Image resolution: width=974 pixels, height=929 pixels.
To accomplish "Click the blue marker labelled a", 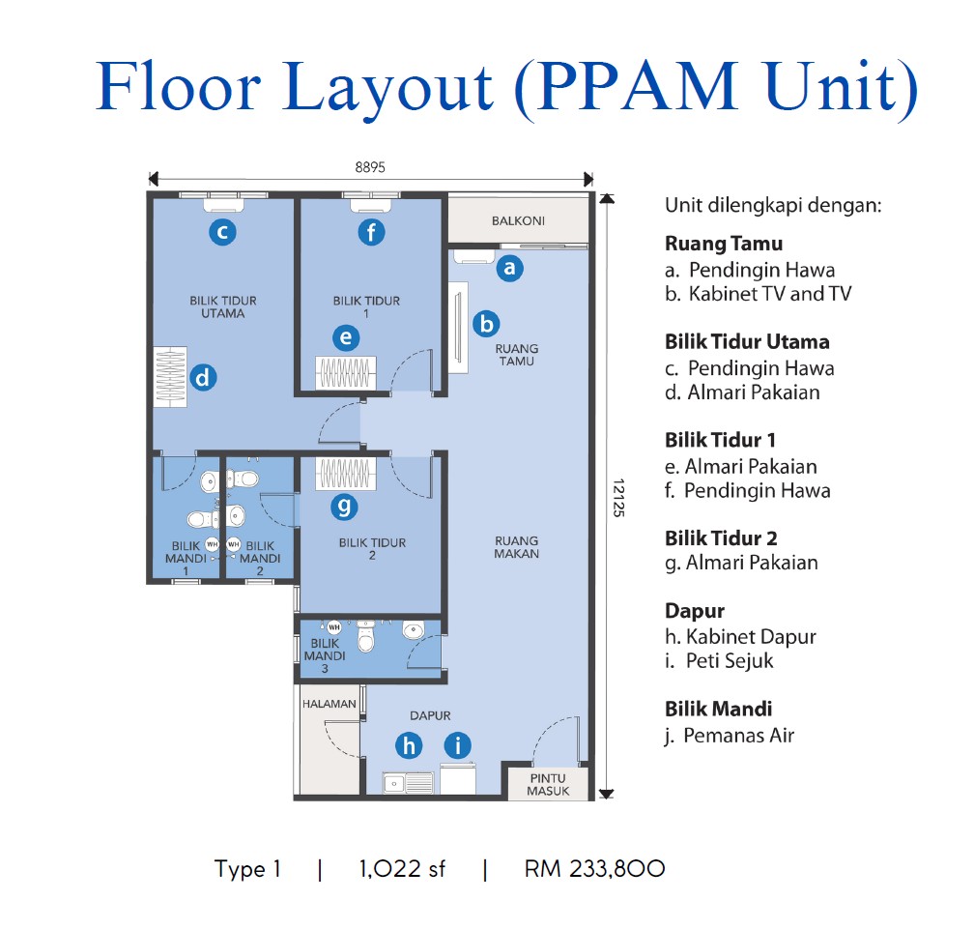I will tap(509, 268).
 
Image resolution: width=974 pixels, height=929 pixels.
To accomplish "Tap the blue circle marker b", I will tap(486, 324).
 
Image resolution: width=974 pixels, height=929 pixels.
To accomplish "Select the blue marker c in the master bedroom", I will tap(222, 231).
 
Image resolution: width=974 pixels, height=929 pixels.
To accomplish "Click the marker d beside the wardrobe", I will tap(202, 378).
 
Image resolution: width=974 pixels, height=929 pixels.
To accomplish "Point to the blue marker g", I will tap(343, 506).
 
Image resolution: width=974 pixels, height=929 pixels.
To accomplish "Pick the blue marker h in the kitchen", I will tap(410, 744).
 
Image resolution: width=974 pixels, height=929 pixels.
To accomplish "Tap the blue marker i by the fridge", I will tap(457, 744).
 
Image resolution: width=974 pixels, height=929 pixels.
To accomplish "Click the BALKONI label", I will tap(518, 220).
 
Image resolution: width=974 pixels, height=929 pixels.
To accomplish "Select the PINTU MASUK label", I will tap(548, 784).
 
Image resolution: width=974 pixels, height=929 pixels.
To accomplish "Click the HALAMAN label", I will tap(329, 704).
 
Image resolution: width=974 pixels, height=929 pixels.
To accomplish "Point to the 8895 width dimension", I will tap(370, 166).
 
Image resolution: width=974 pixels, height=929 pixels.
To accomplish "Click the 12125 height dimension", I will tap(618, 495).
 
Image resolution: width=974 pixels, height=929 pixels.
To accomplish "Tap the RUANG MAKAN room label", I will tap(517, 547).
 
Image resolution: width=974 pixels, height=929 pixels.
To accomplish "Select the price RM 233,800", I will tap(594, 869).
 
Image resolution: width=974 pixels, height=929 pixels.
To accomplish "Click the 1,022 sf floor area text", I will tap(401, 869).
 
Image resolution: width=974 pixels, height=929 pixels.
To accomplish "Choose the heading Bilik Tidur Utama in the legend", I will tap(747, 341).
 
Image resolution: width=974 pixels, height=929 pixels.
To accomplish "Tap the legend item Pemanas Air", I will tap(738, 735).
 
